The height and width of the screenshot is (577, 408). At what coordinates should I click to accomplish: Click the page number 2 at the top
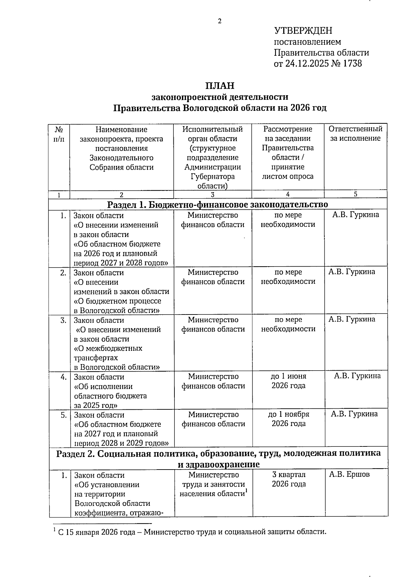[x=219, y=21]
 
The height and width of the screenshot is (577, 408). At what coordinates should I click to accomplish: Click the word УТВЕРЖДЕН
[x=303, y=31]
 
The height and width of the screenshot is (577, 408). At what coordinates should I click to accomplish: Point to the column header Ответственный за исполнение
[x=355, y=134]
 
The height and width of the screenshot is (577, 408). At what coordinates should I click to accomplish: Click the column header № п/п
[x=59, y=134]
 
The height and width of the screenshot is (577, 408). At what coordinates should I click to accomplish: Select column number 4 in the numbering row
[x=288, y=194]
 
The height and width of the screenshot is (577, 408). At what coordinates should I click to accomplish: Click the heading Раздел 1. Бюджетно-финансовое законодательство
[x=218, y=204]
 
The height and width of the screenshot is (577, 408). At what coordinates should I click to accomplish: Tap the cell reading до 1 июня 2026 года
[x=288, y=381]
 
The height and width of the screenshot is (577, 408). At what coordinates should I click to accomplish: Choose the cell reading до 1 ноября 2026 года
[x=289, y=419]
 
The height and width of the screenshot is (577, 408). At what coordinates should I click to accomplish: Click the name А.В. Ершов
[x=349, y=474]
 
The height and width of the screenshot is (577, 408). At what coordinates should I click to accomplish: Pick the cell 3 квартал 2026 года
[x=289, y=479]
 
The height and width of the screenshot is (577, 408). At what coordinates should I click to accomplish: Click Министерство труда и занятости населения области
[x=213, y=484]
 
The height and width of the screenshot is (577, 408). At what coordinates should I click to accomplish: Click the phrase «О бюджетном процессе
[x=117, y=301]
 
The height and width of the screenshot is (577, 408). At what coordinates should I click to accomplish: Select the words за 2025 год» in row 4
[x=96, y=405]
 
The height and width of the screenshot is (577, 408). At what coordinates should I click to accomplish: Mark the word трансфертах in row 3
[x=96, y=358]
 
